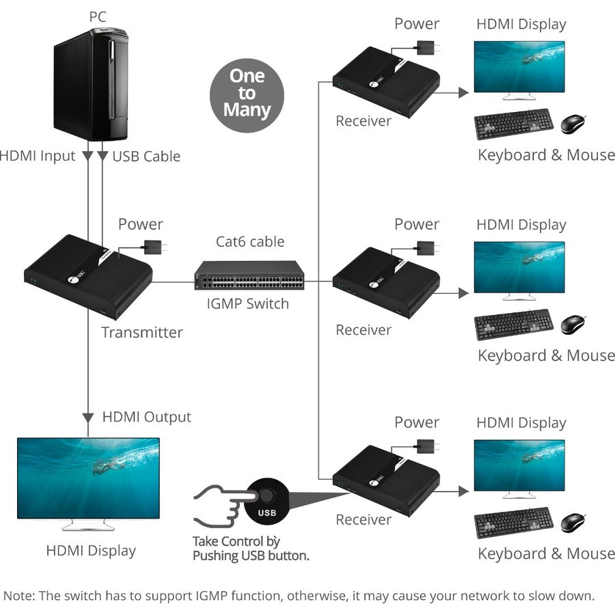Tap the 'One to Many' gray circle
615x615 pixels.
pyautogui.click(x=247, y=93)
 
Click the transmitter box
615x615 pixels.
pyautogui.click(x=88, y=276)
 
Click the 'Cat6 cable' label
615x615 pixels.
pyautogui.click(x=250, y=241)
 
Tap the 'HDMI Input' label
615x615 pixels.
pyautogui.click(x=37, y=156)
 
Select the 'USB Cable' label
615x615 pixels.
pyautogui.click(x=146, y=156)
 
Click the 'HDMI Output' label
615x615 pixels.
pyautogui.click(x=146, y=417)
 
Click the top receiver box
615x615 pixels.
pyautogui.click(x=386, y=83)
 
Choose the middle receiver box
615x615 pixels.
pyautogui.click(x=386, y=283)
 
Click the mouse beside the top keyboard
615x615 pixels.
pyautogui.click(x=573, y=124)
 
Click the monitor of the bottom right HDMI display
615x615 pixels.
pyautogui.click(x=519, y=469)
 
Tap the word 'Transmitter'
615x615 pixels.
pyautogui.click(x=142, y=333)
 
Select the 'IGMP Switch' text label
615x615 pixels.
pyautogui.click(x=248, y=303)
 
